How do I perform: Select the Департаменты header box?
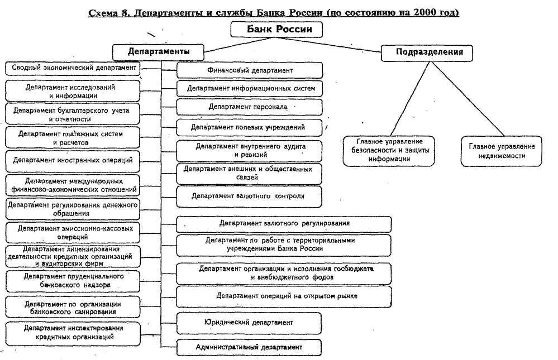pos(158,51)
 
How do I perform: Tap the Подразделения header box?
pos(430,52)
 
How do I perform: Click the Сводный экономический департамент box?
pos(73,68)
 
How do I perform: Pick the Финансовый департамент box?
pos(250,70)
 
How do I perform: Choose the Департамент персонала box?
pos(249,106)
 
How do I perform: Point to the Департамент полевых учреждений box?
pos(249,127)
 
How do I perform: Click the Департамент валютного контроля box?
pos(249,196)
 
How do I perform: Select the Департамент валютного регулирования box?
pos(284,223)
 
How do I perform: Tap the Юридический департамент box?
pos(249,323)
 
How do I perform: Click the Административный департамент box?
pos(249,347)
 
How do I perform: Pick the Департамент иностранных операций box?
pos(73,160)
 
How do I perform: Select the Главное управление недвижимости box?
pos(502,151)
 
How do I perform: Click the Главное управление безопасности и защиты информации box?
pos(389,151)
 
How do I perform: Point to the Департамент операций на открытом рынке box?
pos(284,296)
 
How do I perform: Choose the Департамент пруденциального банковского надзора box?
pos(73,281)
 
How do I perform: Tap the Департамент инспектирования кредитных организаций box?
pos(73,333)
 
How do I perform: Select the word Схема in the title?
pos(104,12)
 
